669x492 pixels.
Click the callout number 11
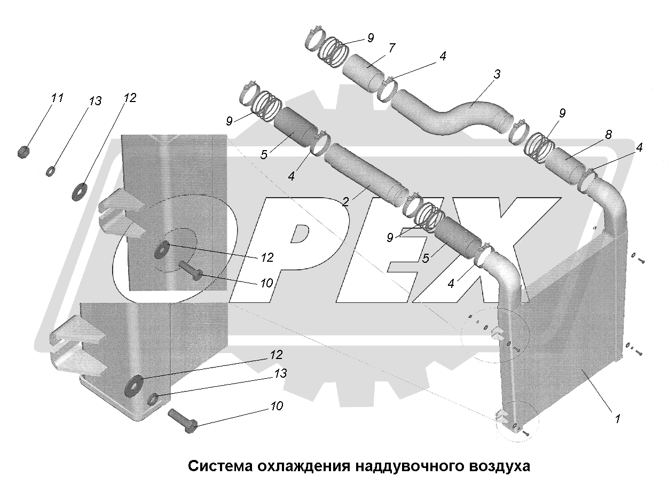58,98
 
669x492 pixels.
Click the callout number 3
497,75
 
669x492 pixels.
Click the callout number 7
392,48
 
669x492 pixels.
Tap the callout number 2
345,201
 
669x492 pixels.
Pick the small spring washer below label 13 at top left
50,171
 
